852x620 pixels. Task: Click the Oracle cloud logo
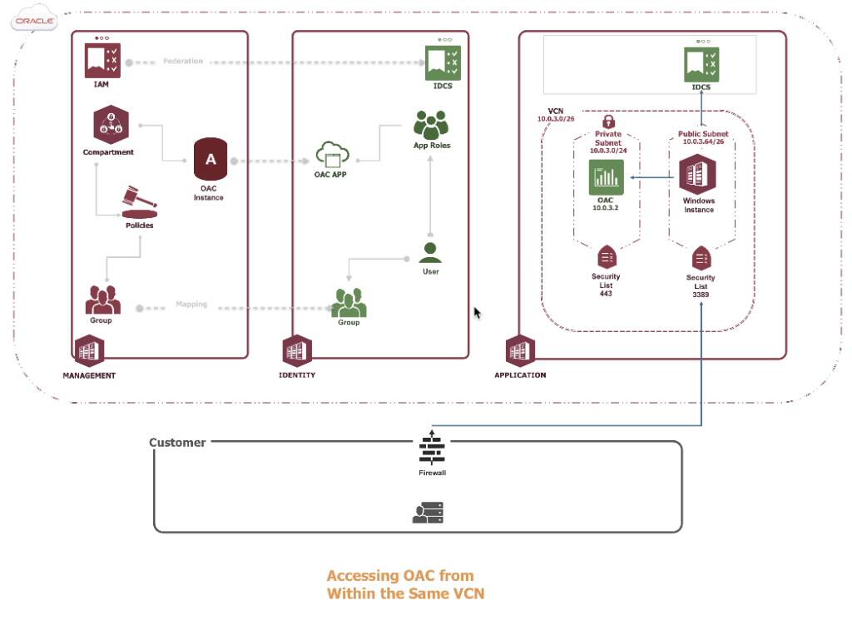[34, 21]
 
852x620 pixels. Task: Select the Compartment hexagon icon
[109, 126]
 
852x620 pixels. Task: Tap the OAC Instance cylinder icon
[210, 160]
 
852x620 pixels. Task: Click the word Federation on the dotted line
[182, 62]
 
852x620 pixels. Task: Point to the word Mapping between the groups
[191, 305]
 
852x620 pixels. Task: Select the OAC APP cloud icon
[331, 153]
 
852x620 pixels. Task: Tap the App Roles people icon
[430, 125]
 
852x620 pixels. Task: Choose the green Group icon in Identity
[349, 303]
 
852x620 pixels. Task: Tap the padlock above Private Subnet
[607, 122]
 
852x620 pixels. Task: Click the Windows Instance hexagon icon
[697, 176]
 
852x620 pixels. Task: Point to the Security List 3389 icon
[701, 257]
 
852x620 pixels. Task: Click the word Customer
[177, 443]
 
